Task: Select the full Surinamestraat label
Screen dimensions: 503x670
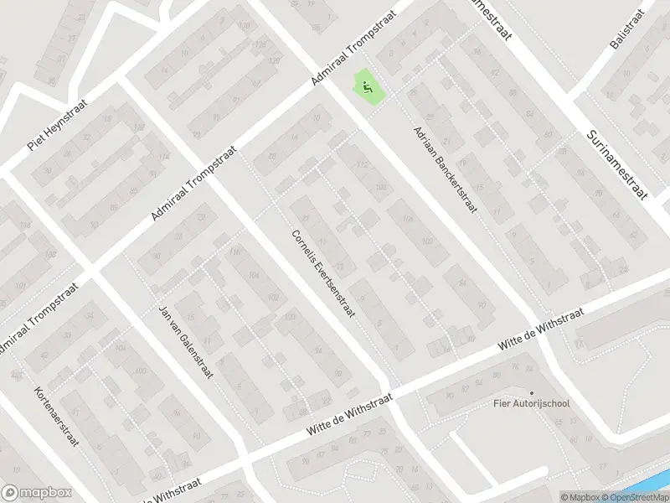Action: (619, 163)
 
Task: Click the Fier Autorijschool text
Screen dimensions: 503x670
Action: (531, 403)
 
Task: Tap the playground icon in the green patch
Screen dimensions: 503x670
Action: (367, 85)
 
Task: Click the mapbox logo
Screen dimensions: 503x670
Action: (36, 493)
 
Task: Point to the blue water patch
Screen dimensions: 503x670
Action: (658, 482)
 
